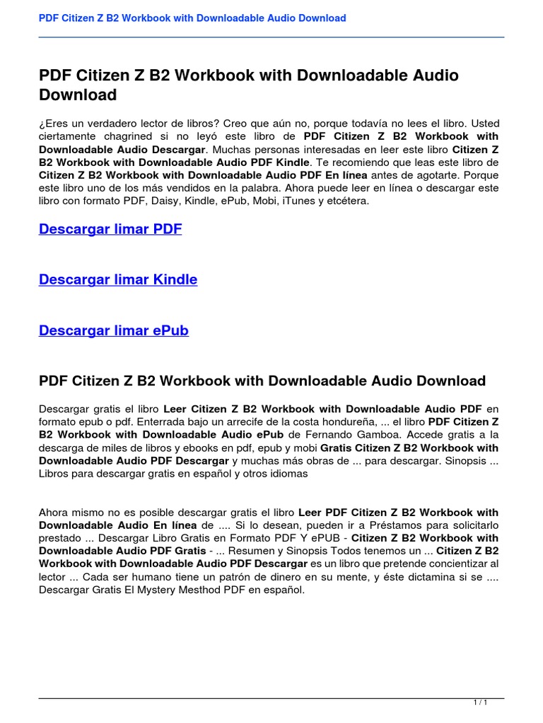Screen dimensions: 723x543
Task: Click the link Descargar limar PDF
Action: click(110, 229)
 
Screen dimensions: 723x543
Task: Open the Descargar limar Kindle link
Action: click(118, 280)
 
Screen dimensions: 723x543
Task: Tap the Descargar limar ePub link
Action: click(114, 330)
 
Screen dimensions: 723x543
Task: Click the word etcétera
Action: click(346, 201)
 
